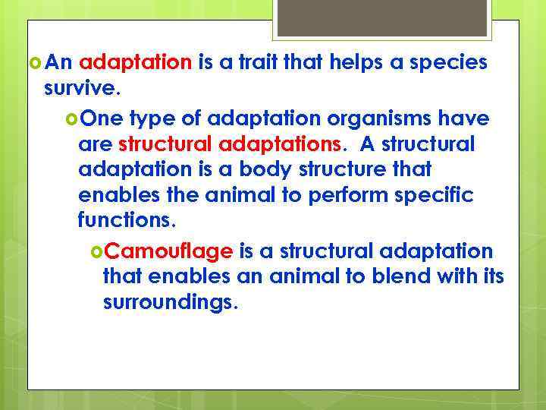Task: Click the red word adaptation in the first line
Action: pos(136,63)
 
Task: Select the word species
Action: pos(448,63)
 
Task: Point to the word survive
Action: pos(81,89)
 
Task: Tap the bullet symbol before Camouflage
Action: pos(96,251)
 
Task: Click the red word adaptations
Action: pos(285,144)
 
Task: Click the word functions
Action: pos(126,222)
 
